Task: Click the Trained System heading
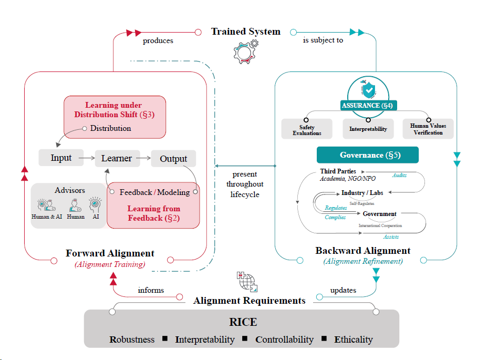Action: (x=246, y=32)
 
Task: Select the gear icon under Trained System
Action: (x=245, y=50)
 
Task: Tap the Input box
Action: (x=61, y=158)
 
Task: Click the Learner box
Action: (x=117, y=158)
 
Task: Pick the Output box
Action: (x=173, y=159)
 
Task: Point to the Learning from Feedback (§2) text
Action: (x=153, y=213)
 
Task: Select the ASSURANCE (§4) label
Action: (x=368, y=106)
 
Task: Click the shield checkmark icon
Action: (x=367, y=88)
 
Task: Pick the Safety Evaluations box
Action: (x=307, y=129)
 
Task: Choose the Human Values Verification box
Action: (x=428, y=129)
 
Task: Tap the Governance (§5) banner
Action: (x=367, y=155)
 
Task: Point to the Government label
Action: (x=379, y=214)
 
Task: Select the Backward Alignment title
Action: (x=363, y=251)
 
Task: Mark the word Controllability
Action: (x=284, y=340)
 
